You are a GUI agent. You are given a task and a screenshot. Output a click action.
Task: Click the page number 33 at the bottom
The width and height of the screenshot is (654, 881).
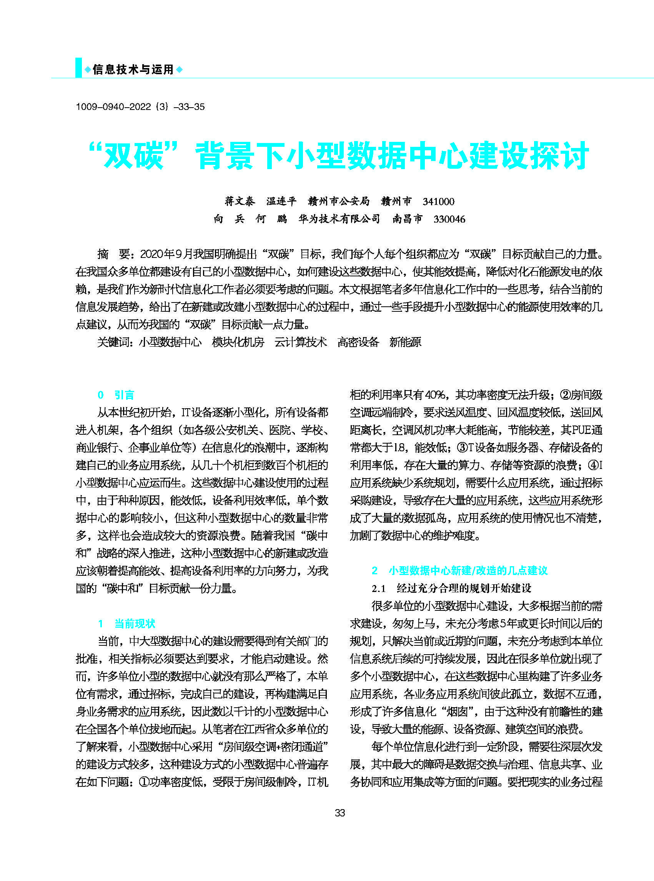pyautogui.click(x=339, y=813)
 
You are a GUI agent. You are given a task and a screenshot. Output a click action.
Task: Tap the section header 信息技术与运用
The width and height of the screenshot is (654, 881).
pyautogui.click(x=133, y=70)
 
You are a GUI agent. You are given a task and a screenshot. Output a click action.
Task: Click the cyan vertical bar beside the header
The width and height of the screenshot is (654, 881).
pyautogui.click(x=78, y=68)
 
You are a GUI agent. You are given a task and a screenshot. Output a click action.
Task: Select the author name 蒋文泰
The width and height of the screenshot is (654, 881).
pyautogui.click(x=240, y=201)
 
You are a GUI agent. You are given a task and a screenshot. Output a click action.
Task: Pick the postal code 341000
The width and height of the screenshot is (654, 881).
pyautogui.click(x=438, y=201)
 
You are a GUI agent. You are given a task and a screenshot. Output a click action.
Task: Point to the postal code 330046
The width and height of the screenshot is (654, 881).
pyautogui.click(x=449, y=219)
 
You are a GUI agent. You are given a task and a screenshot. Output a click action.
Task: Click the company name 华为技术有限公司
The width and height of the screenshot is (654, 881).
pyautogui.click(x=339, y=219)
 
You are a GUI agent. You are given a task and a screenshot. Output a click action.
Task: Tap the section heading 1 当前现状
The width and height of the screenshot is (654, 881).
pyautogui.click(x=126, y=624)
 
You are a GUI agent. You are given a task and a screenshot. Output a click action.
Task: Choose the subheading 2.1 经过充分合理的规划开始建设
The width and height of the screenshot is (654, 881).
pyautogui.click(x=451, y=588)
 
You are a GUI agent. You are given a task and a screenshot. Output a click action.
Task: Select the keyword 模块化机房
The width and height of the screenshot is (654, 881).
pyautogui.click(x=238, y=342)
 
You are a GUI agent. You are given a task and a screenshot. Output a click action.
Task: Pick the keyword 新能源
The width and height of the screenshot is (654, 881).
pyautogui.click(x=405, y=342)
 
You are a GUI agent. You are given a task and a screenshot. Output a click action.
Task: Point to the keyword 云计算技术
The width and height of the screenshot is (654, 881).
pyautogui.click(x=301, y=342)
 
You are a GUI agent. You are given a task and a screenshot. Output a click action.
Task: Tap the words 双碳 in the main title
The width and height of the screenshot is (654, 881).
pyautogui.click(x=133, y=156)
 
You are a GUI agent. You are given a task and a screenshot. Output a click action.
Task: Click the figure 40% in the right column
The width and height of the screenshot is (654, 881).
pyautogui.click(x=436, y=395)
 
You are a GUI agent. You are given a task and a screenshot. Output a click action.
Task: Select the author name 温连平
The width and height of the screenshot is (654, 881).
pyautogui.click(x=281, y=201)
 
